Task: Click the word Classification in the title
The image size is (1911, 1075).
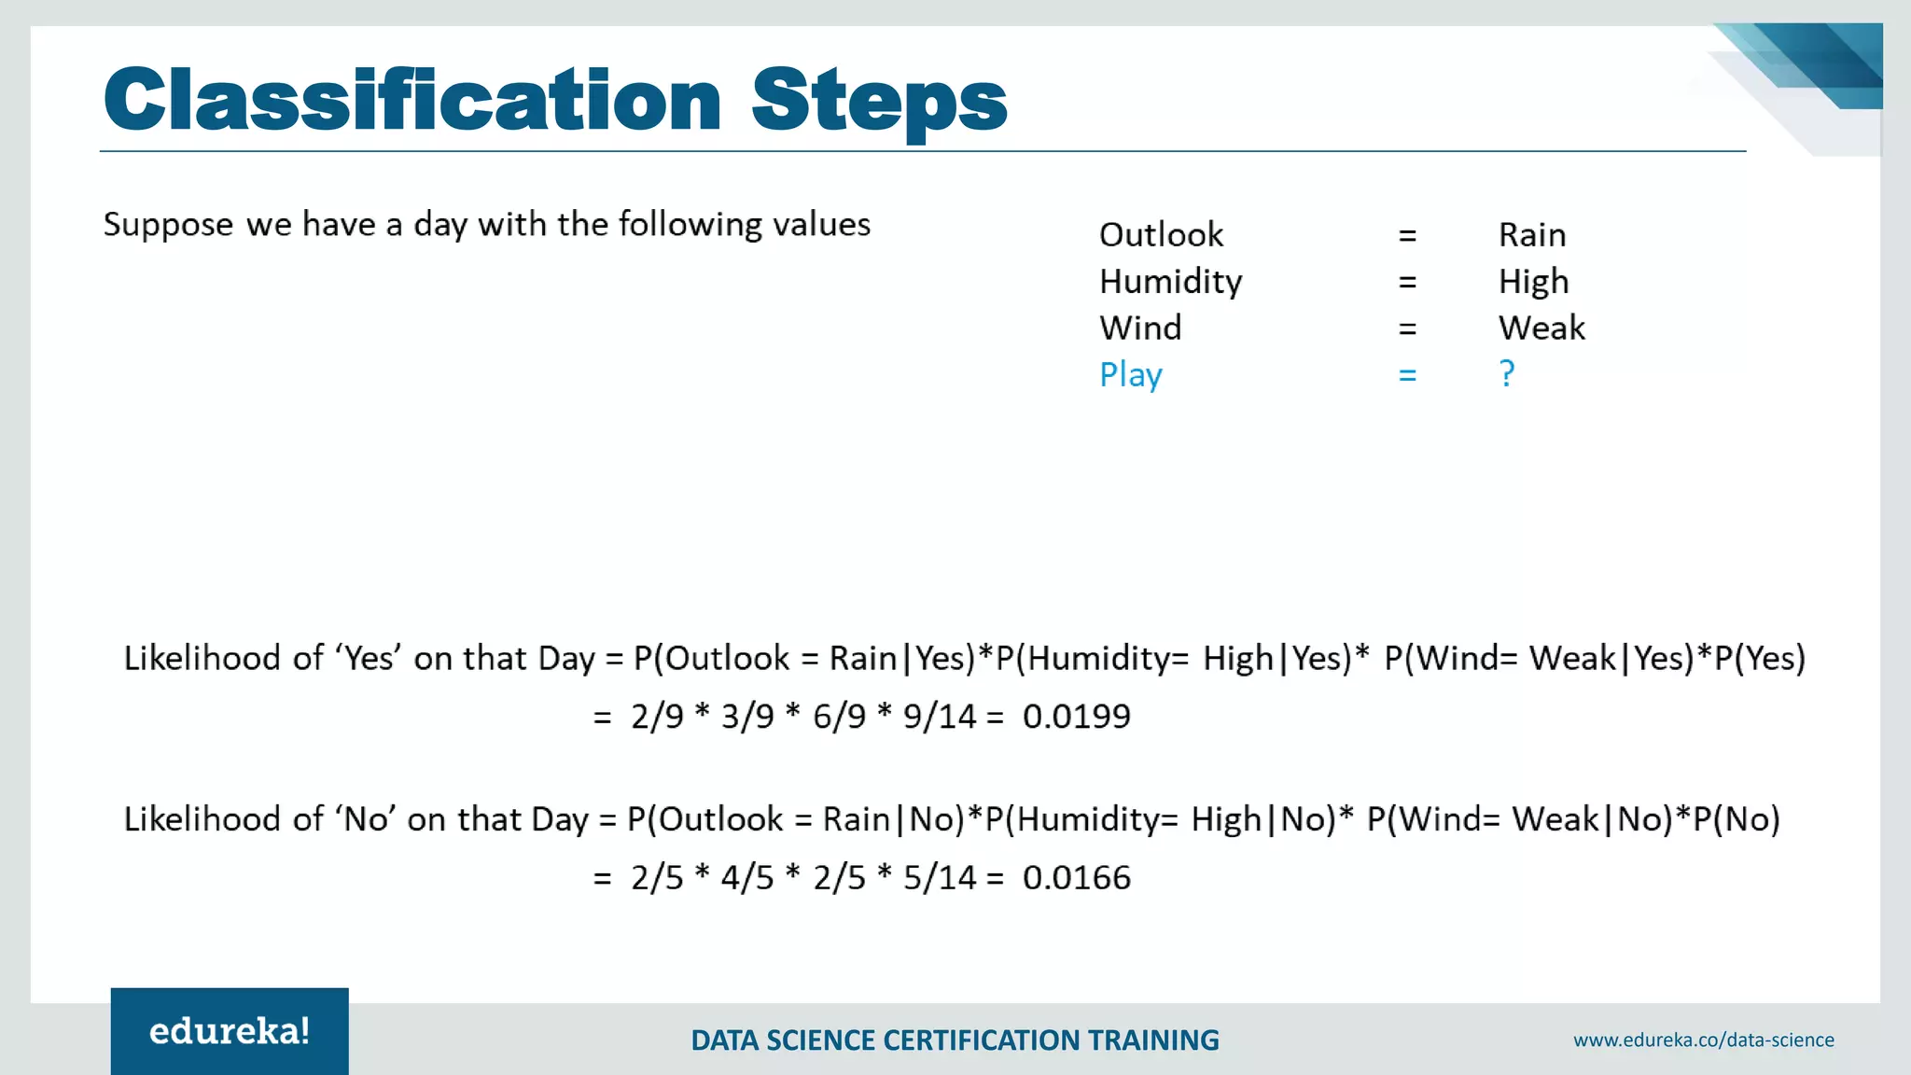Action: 411,100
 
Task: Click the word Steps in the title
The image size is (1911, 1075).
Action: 878,100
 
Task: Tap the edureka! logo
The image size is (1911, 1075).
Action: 230,1031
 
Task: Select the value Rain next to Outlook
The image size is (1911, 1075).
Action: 1532,234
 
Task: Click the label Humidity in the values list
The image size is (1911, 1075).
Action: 1170,281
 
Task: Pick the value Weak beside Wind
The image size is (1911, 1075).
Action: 1541,328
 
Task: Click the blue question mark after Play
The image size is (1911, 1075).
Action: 1507,373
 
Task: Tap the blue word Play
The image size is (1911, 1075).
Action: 1130,375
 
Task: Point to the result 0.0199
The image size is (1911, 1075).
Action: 1076,717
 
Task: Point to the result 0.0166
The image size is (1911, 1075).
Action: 1076,878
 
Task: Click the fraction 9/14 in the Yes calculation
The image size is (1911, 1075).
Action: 939,717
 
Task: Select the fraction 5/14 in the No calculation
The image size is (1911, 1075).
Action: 939,878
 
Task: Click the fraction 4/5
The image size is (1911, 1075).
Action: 747,878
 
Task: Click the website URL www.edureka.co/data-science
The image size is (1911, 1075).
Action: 1703,1040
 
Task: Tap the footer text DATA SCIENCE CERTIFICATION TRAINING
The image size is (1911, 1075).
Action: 955,1040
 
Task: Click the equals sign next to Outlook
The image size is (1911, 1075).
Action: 1407,235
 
